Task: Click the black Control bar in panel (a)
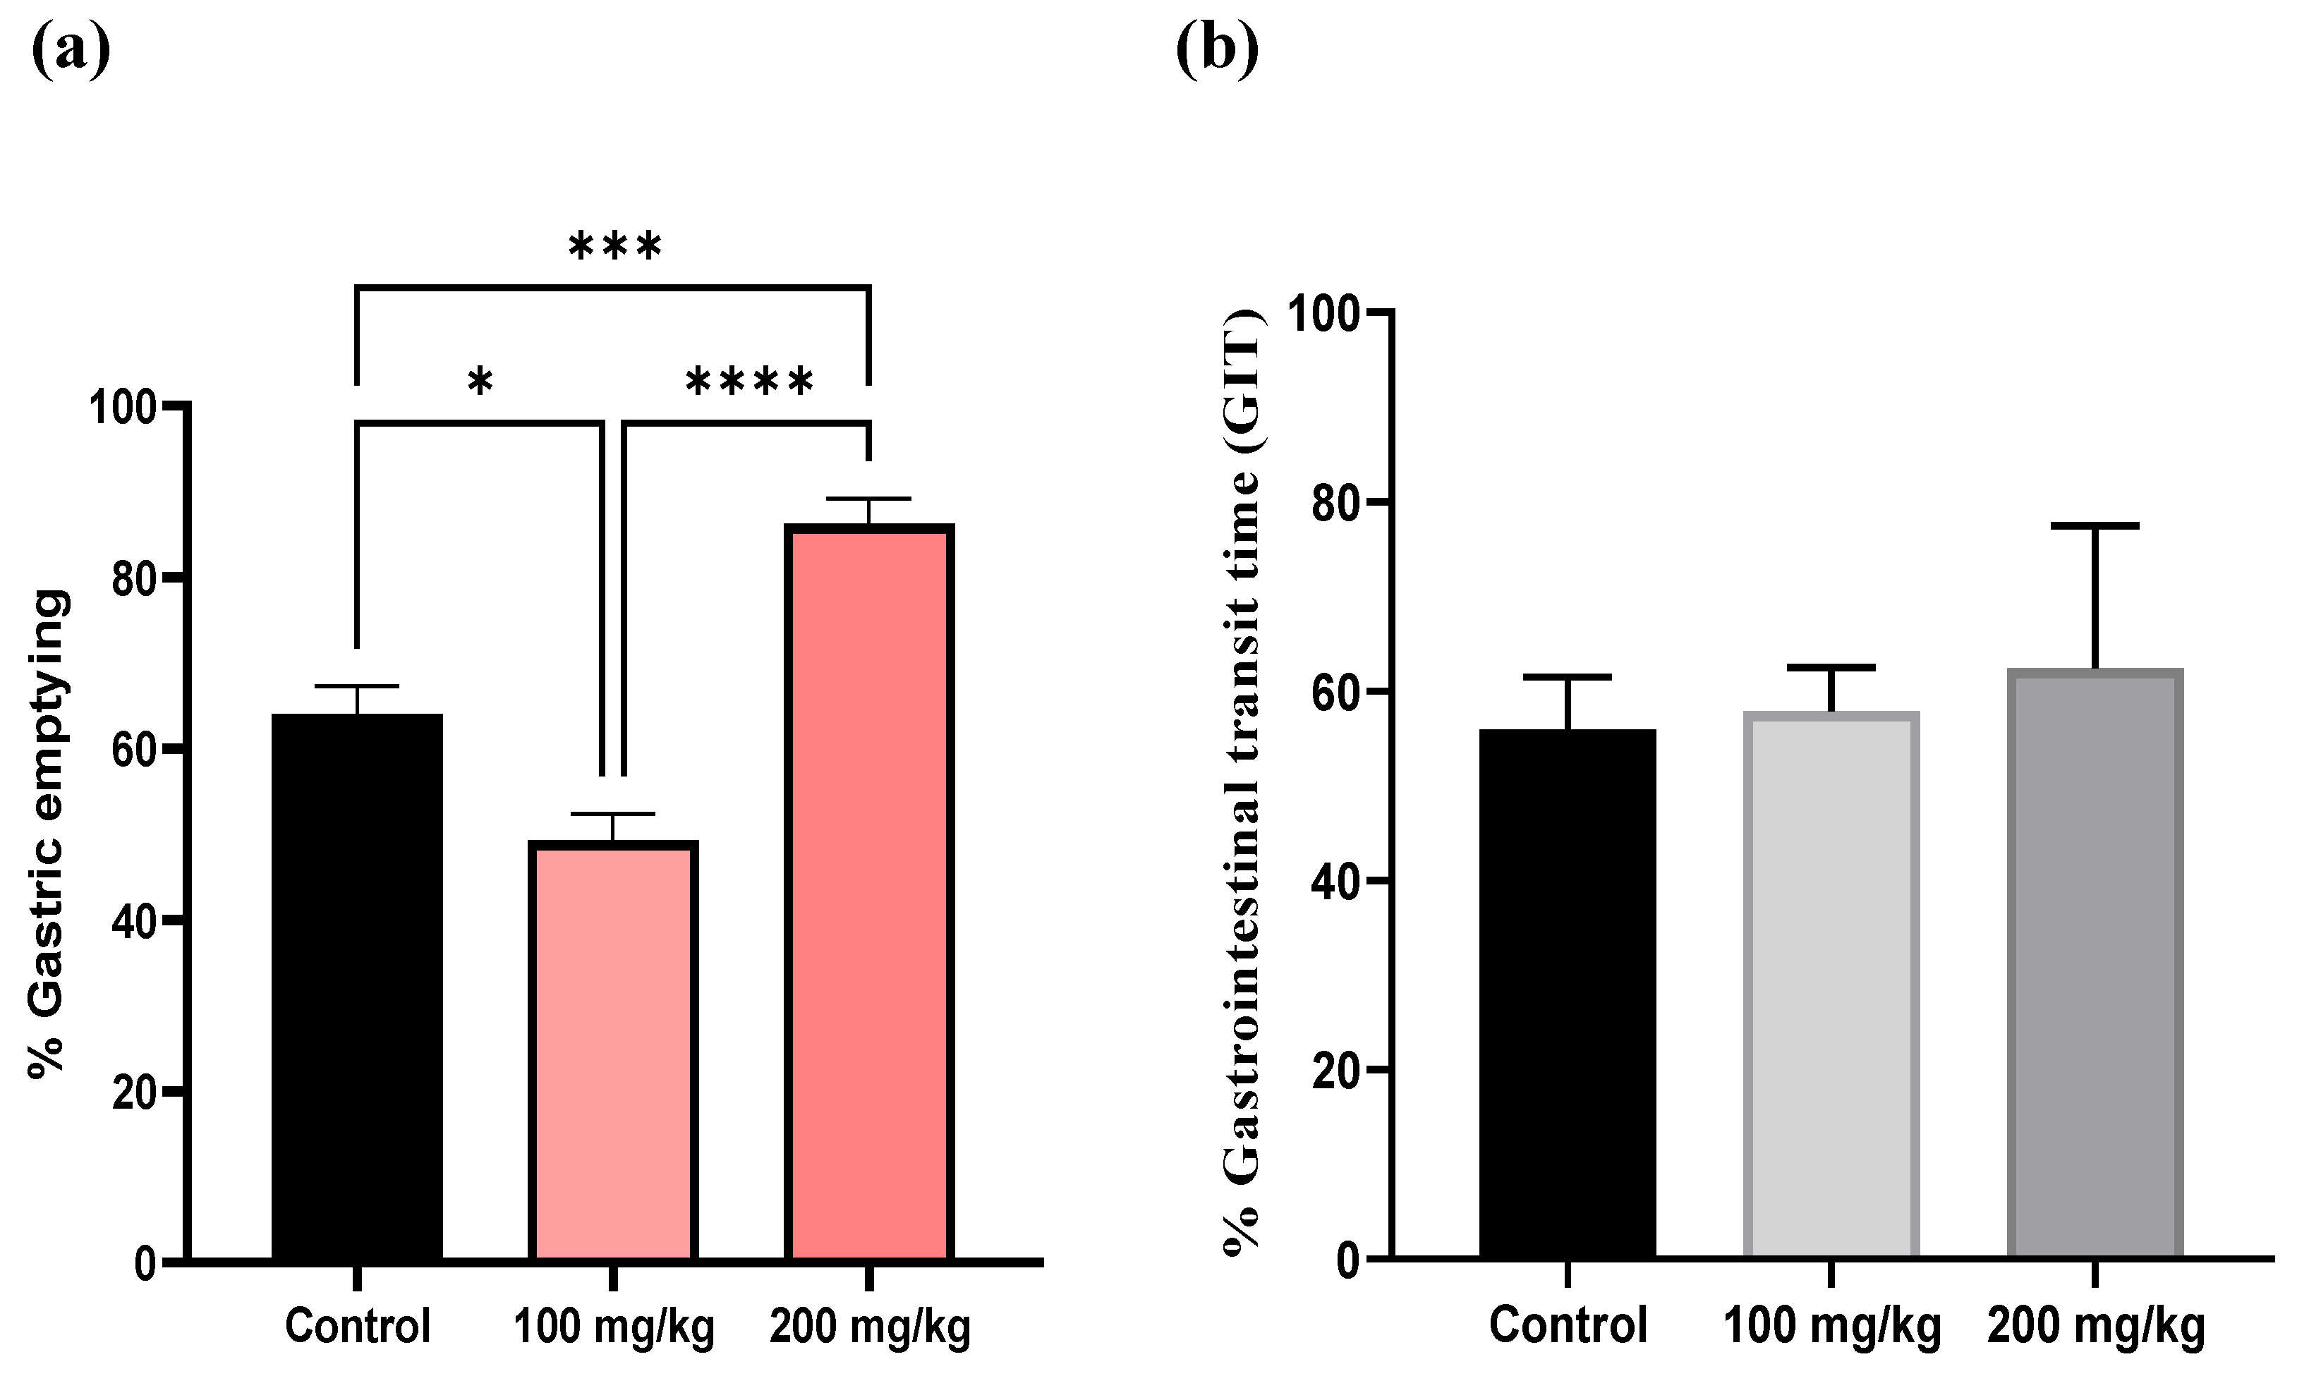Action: click(x=357, y=987)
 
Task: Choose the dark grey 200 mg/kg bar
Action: click(x=2095, y=963)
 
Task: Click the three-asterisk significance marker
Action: click(x=615, y=248)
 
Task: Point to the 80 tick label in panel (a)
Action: click(x=133, y=578)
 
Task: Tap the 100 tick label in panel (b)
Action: click(x=1329, y=313)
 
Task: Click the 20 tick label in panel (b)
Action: click(x=1341, y=1070)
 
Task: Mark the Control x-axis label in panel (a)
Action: click(x=358, y=1327)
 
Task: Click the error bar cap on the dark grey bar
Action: click(x=2095, y=525)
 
